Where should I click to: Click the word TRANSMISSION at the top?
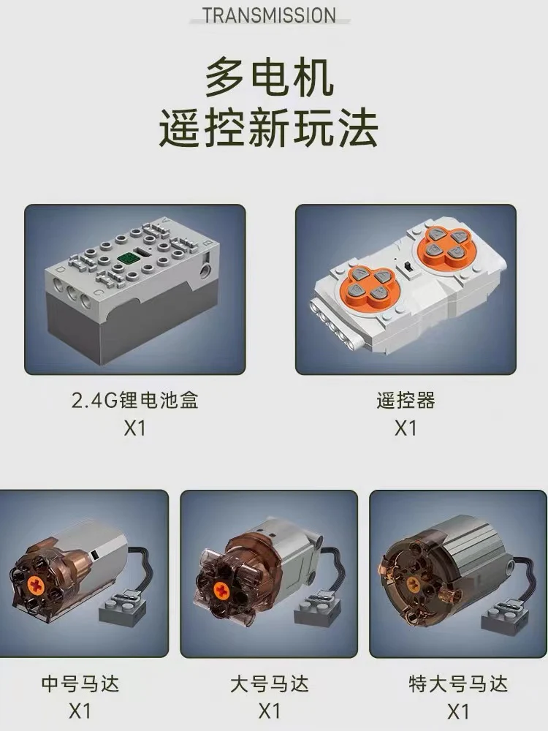[x=270, y=15]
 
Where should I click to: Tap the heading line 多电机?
[x=270, y=78]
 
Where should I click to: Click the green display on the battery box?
[x=127, y=258]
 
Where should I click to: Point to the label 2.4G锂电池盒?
[x=135, y=400]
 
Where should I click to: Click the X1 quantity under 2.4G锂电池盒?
[x=134, y=428]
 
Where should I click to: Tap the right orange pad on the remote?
[x=444, y=243]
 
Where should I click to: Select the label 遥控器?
[x=406, y=400]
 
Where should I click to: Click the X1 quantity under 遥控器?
[x=406, y=428]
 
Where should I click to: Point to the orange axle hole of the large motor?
[x=222, y=591]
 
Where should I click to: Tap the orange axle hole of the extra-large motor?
[x=413, y=583]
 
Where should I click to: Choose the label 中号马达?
[x=80, y=684]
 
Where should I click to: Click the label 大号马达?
[x=270, y=684]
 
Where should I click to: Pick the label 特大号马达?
[x=458, y=684]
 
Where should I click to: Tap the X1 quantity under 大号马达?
[x=270, y=712]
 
